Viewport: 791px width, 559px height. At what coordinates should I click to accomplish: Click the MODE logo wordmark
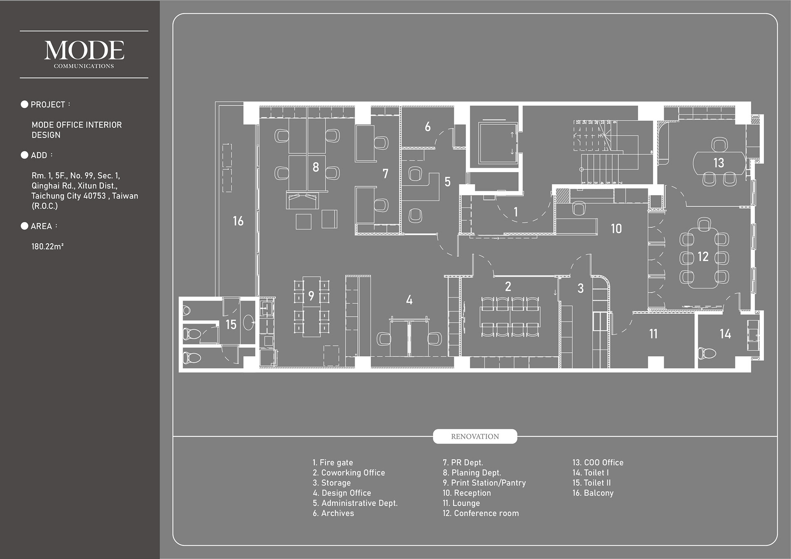84,50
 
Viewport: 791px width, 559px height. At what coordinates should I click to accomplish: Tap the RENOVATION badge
475,436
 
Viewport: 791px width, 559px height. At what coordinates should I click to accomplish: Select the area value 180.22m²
47,247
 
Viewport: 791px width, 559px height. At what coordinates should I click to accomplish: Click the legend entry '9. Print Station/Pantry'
484,483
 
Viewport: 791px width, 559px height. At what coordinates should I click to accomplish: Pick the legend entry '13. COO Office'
597,463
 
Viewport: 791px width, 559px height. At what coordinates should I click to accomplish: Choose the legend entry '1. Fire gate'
332,463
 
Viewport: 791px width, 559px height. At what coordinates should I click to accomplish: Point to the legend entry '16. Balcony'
592,493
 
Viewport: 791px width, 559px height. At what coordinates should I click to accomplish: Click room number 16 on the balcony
238,221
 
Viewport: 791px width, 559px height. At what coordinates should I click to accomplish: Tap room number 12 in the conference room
703,257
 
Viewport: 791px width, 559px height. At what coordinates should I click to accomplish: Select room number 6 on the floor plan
428,127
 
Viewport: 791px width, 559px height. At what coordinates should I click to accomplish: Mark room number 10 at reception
616,229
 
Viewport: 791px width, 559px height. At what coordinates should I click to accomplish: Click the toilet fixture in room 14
707,353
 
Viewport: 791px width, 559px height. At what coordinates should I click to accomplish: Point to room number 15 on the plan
231,325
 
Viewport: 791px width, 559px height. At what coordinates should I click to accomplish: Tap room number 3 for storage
580,288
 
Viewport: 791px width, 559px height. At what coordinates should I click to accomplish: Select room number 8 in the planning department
316,167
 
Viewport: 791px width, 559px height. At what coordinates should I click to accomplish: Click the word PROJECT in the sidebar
48,105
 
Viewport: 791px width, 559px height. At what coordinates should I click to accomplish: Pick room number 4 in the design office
409,300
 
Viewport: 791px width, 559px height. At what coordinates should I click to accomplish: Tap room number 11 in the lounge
653,334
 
